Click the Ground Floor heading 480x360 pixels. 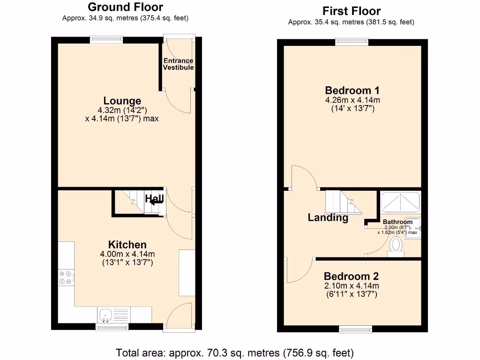(x=125, y=7)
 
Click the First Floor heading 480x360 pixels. (x=352, y=11)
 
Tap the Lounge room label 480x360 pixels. (x=122, y=101)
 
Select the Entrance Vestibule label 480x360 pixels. (x=178, y=64)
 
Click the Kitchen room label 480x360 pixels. (x=127, y=244)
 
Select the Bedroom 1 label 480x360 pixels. (x=352, y=90)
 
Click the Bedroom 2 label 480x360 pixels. (x=351, y=277)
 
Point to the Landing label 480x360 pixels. (x=328, y=217)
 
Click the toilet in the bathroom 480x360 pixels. (x=397, y=247)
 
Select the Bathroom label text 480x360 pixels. (x=397, y=222)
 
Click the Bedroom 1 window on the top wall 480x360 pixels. (x=352, y=43)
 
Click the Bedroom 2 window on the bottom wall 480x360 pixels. (x=356, y=329)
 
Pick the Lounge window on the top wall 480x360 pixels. (x=107, y=40)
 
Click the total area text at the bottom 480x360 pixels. (x=234, y=352)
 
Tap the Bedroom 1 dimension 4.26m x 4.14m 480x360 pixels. (x=352, y=100)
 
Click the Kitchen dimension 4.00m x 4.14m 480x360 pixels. (x=127, y=254)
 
